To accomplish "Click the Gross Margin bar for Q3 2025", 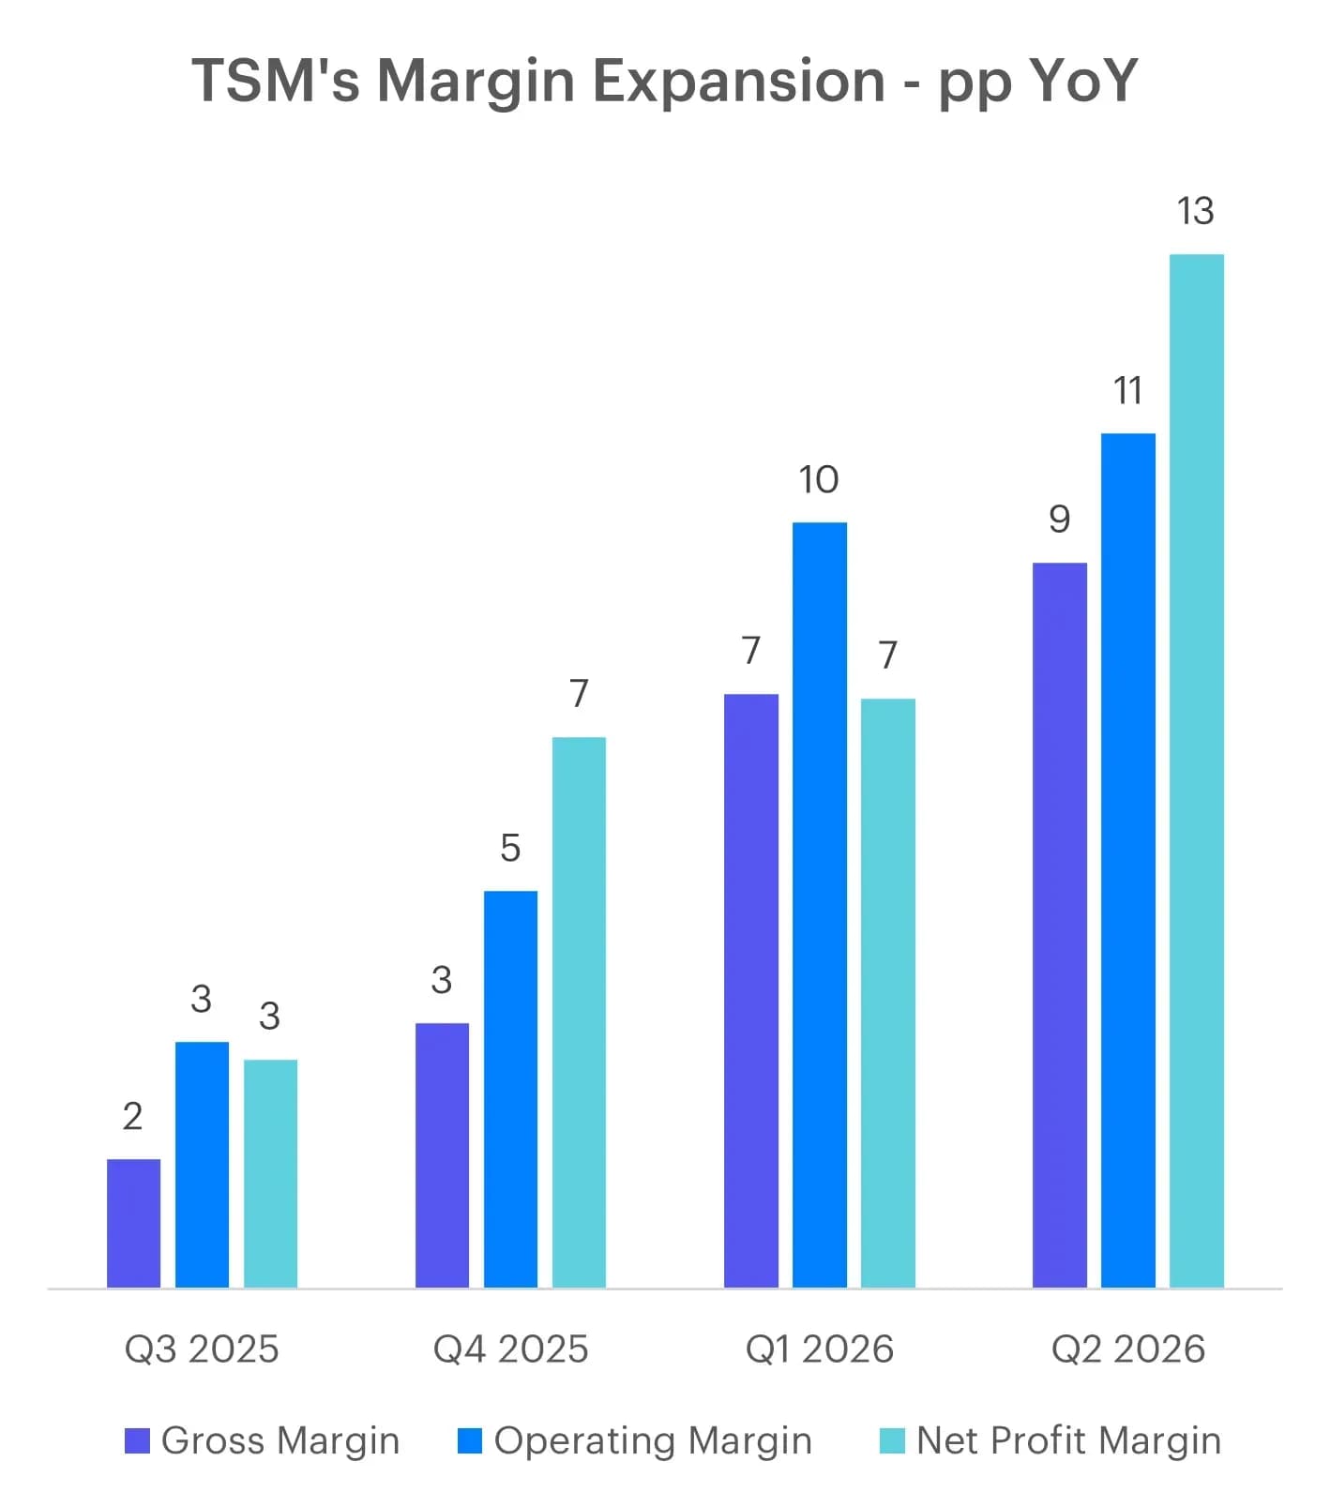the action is (133, 1223).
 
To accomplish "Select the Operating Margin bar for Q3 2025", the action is (202, 1165).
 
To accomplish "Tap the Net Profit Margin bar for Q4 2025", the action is (579, 1012).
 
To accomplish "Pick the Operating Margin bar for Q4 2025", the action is (510, 1089).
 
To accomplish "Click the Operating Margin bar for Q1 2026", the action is (820, 905).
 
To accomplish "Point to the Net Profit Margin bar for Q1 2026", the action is (888, 993).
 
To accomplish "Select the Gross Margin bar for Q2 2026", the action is (1060, 925).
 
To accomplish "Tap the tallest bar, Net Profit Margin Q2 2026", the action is (1197, 771).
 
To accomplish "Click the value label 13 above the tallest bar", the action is (1196, 211).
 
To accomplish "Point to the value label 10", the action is (819, 480).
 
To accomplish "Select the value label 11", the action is (1127, 391).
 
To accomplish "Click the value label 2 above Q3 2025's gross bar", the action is (133, 1117).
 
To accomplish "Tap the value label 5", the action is (510, 849).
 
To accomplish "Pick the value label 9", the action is (1060, 520).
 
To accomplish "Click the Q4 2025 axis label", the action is (510, 1349).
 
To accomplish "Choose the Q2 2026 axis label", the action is (1128, 1349).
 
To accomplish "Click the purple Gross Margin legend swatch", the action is (137, 1441).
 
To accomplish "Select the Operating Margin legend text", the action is (653, 1441).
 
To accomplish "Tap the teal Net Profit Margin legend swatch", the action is (893, 1441).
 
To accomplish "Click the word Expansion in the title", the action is (739, 81).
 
